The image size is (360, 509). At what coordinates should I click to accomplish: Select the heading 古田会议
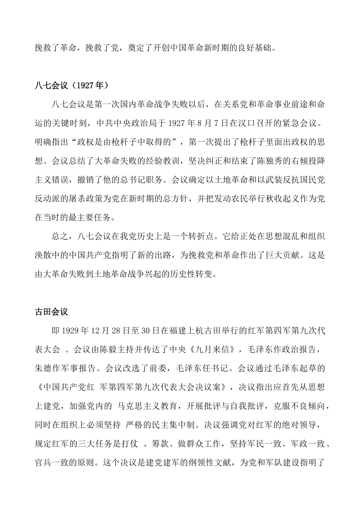[51, 312]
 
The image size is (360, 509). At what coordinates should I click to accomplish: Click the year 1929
[70, 331]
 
